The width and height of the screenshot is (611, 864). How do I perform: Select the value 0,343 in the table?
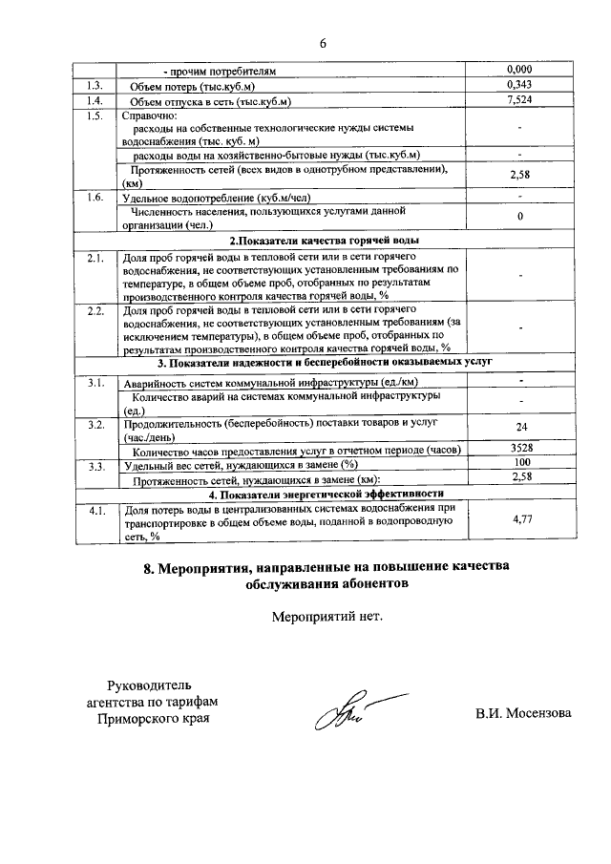(519, 86)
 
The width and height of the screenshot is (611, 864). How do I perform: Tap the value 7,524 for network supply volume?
(519, 100)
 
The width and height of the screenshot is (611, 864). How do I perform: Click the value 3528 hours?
(519, 448)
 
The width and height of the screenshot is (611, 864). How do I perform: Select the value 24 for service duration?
(520, 428)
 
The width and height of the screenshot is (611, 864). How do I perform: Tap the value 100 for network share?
(520, 463)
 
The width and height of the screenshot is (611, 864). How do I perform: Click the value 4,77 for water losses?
(520, 520)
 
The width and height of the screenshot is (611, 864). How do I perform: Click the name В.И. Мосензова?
(523, 713)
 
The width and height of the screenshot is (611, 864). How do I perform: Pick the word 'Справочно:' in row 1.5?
(146, 116)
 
